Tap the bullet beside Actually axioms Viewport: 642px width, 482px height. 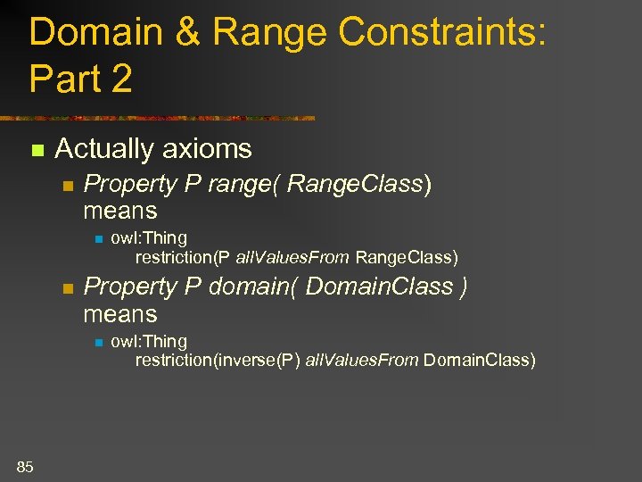point(36,150)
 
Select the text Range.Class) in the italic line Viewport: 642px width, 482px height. point(361,185)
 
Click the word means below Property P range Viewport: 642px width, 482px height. point(119,212)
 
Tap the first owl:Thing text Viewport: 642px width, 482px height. point(149,238)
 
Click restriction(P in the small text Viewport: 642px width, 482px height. point(182,258)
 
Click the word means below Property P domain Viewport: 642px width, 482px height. point(119,314)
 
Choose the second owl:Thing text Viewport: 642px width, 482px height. point(149,341)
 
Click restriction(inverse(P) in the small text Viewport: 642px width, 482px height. point(218,361)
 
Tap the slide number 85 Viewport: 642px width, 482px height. point(25,465)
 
